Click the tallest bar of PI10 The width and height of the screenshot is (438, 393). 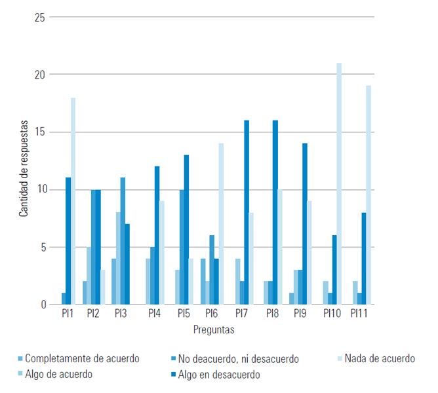[339, 183]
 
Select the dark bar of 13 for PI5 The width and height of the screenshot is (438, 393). [187, 230]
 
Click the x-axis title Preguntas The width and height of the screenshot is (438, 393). [214, 330]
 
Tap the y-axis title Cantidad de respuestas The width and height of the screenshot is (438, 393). [24, 168]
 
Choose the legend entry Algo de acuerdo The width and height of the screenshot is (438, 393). [64, 375]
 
